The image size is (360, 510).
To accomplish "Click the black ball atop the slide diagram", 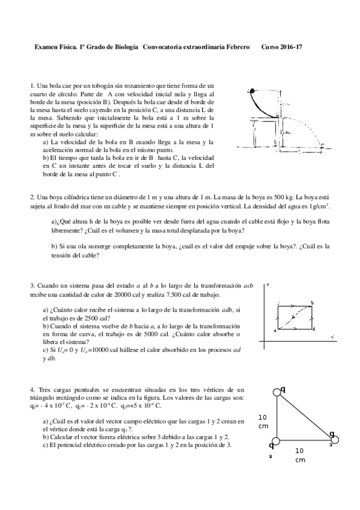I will (252, 91).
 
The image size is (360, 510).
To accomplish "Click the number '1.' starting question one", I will (32, 87).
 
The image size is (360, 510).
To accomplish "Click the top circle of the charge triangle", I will (277, 392).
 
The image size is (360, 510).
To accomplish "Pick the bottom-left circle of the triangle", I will (277, 440).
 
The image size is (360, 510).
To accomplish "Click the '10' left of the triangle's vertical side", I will (263, 417).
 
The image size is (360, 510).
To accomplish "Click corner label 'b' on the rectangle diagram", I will (313, 303).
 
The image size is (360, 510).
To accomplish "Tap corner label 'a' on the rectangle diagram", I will (274, 331).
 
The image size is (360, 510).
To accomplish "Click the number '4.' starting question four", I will (32, 390).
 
